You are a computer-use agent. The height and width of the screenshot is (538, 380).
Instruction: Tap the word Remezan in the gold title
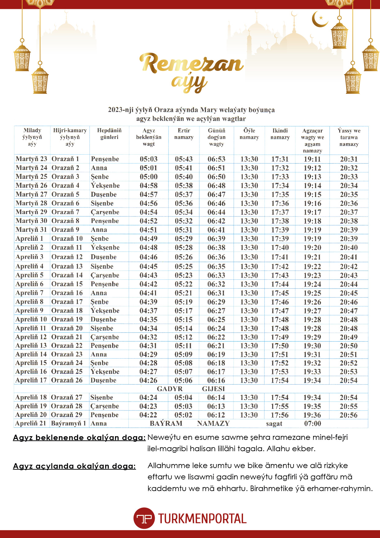[192, 63]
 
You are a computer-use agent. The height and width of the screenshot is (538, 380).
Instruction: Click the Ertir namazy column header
[184, 134]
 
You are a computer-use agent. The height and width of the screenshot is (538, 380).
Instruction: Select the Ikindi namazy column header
[280, 134]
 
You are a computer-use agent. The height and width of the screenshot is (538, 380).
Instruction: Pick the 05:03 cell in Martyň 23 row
[149, 159]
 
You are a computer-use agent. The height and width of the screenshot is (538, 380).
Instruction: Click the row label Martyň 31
[31, 230]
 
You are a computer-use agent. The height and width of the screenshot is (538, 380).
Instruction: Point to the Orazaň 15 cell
[67, 284]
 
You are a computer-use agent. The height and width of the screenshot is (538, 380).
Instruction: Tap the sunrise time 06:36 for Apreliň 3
[216, 257]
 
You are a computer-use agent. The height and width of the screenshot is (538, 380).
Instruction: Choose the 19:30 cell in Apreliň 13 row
[312, 346]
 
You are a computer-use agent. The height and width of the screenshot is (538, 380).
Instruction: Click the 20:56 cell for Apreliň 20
[348, 415]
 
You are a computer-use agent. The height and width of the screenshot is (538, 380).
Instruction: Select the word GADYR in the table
[170, 389]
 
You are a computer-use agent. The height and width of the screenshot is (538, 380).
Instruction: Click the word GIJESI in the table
[213, 389]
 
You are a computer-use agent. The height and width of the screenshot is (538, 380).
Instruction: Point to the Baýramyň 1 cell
[68, 424]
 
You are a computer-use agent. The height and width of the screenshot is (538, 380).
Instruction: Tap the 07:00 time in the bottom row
[312, 424]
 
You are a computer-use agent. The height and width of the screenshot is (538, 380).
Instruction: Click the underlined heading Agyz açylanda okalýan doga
[74, 466]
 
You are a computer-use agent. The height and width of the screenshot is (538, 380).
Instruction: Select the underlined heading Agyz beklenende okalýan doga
[79, 438]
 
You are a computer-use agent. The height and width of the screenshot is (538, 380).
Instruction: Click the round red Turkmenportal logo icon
[144, 518]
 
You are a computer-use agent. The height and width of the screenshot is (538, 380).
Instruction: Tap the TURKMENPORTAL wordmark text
[202, 519]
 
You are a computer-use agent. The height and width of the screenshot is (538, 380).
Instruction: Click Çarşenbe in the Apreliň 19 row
[104, 406]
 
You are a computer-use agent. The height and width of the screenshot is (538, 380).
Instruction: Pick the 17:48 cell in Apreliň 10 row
[280, 320]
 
